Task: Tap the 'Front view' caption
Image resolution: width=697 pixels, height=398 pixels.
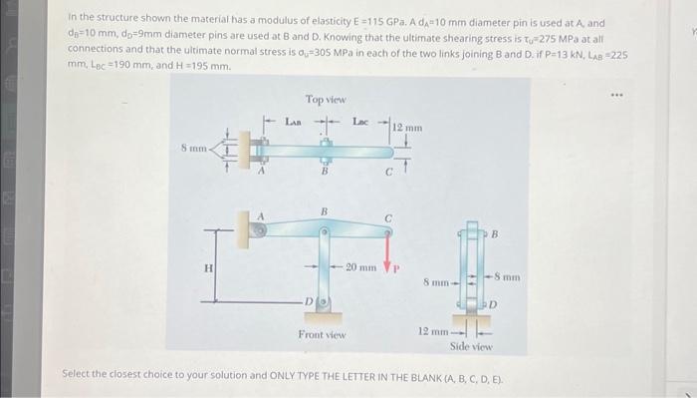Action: [x=322, y=335]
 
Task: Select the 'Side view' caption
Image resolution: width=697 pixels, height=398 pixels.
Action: [x=471, y=345]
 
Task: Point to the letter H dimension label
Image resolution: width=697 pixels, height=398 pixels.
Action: [x=207, y=268]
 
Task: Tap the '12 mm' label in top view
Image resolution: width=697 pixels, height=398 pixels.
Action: [x=408, y=128]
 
